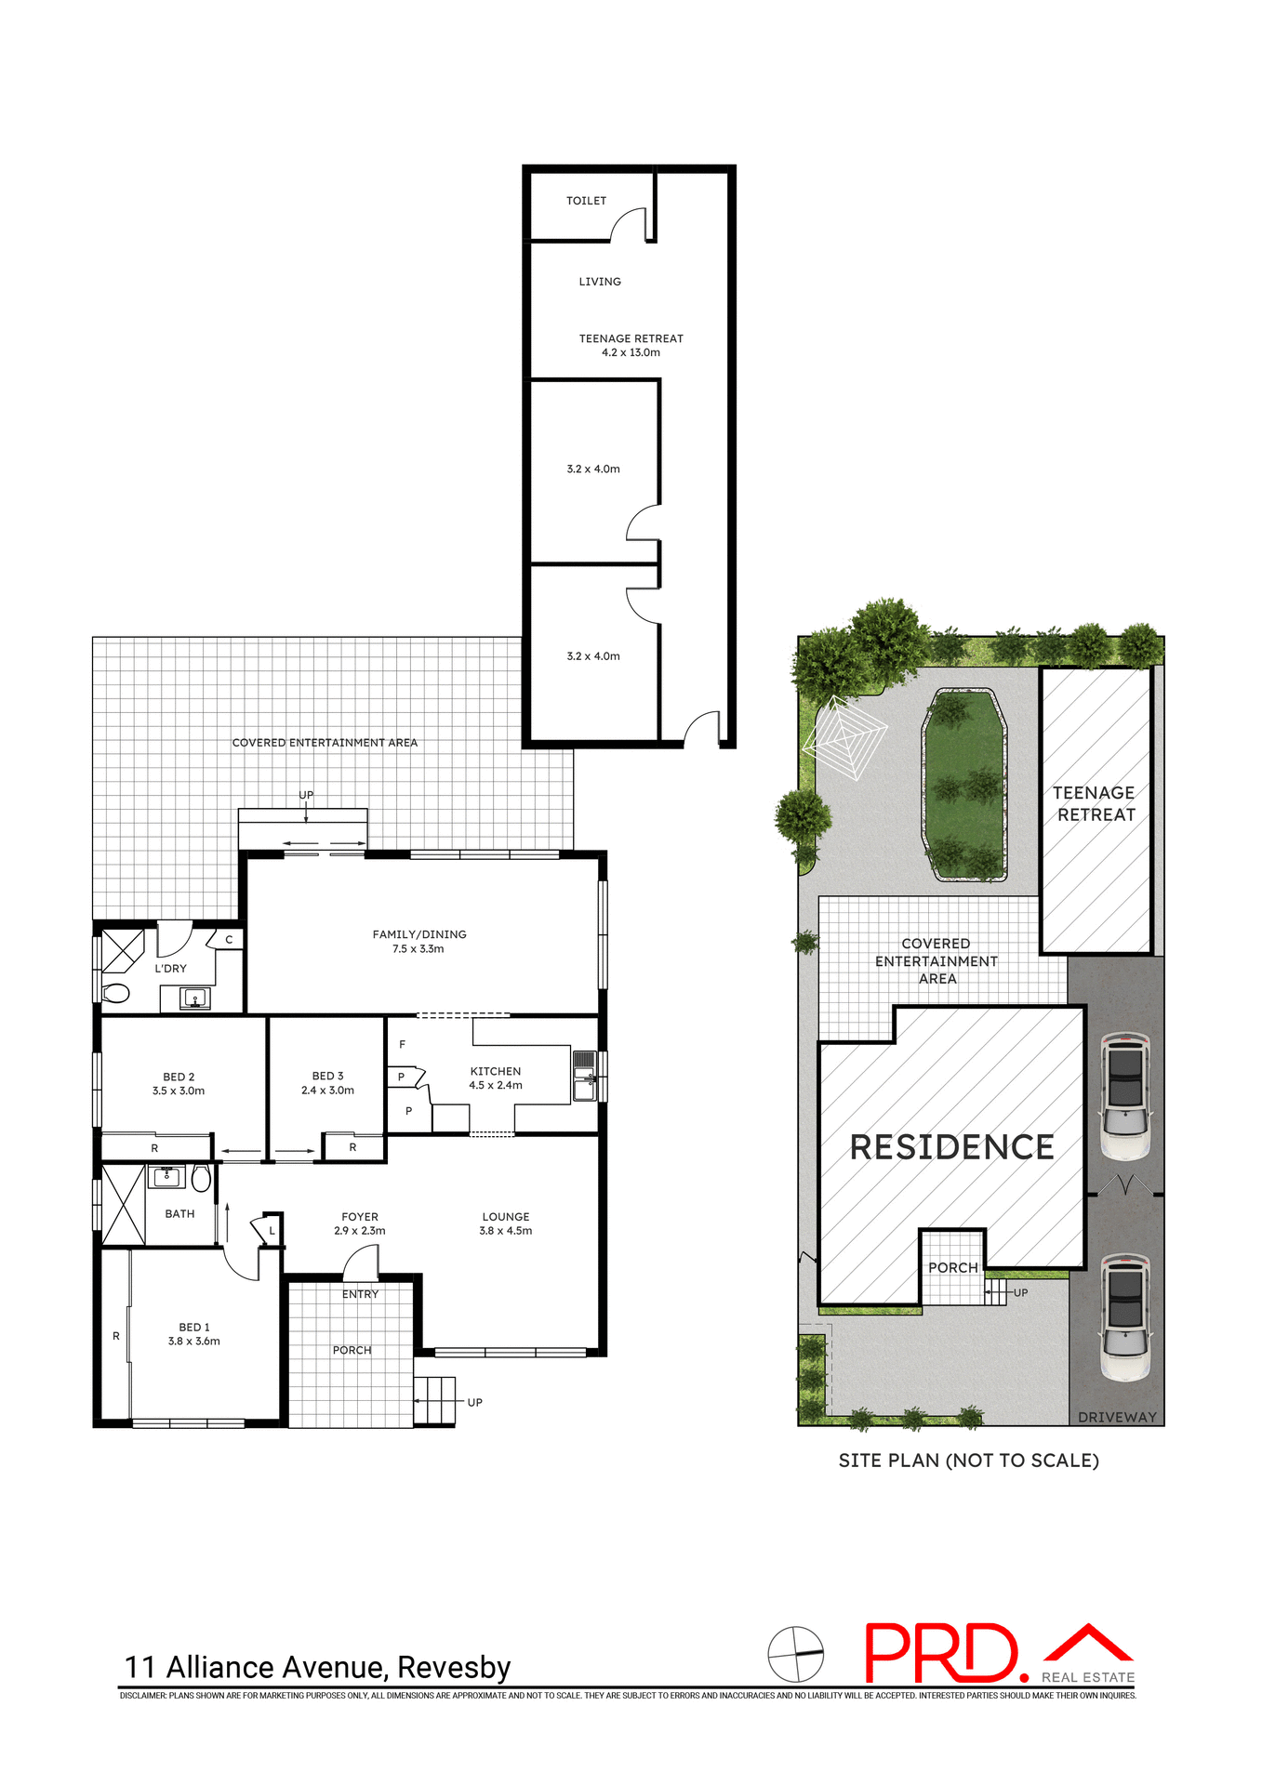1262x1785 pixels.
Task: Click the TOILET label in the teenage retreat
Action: pyautogui.click(x=586, y=201)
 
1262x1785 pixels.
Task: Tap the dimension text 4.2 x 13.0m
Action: pyautogui.click(x=631, y=353)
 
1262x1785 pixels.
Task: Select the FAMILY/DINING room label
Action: pyautogui.click(x=419, y=934)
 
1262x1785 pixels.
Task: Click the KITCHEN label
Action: pyautogui.click(x=496, y=1071)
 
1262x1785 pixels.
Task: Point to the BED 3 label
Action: pyautogui.click(x=327, y=1076)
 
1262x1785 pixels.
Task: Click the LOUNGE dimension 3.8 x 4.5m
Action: pyautogui.click(x=506, y=1231)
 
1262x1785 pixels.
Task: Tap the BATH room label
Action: pyautogui.click(x=179, y=1213)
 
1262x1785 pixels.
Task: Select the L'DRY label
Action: pyautogui.click(x=170, y=968)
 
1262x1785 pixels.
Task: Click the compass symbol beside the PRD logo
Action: pyautogui.click(x=796, y=1654)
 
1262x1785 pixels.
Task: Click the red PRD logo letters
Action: pyautogui.click(x=941, y=1653)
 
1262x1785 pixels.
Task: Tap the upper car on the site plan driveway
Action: pyautogui.click(x=1125, y=1096)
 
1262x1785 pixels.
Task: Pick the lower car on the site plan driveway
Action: pyautogui.click(x=1125, y=1316)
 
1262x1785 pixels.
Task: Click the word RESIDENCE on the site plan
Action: pyautogui.click(x=951, y=1147)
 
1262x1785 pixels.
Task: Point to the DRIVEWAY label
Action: pyautogui.click(x=1117, y=1417)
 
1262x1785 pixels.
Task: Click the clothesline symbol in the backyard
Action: pyautogui.click(x=844, y=737)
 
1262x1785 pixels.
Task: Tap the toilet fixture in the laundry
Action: pyautogui.click(x=115, y=993)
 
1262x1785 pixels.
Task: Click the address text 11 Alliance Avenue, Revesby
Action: pyautogui.click(x=318, y=1667)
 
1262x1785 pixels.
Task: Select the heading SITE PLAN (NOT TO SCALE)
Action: pyautogui.click(x=968, y=1461)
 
